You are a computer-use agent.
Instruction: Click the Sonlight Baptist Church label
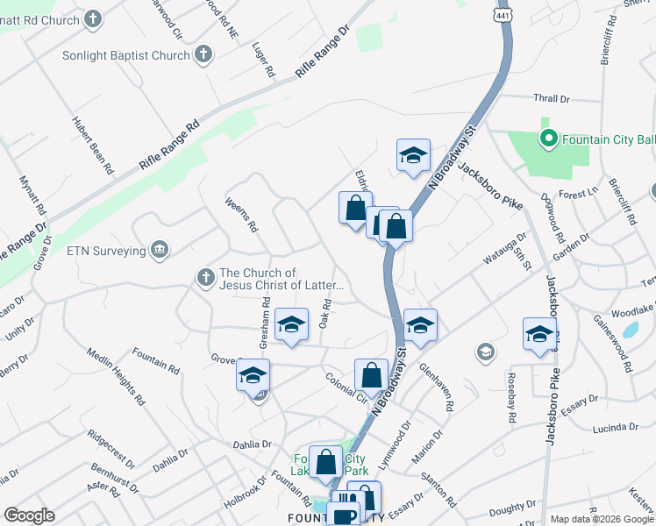(x=125, y=55)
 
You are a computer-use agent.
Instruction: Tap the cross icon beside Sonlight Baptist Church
(x=203, y=55)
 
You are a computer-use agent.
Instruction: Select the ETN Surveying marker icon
(x=160, y=251)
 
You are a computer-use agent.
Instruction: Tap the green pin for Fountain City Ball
(x=549, y=139)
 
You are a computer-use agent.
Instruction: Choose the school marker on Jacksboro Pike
(x=539, y=334)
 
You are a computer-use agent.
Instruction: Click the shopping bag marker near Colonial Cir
(x=371, y=376)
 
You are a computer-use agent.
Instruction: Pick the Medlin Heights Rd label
(x=115, y=377)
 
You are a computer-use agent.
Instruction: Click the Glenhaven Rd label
(x=435, y=387)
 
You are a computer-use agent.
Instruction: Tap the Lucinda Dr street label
(x=615, y=427)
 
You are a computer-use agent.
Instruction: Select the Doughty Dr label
(x=506, y=508)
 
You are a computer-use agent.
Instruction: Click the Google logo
(x=29, y=515)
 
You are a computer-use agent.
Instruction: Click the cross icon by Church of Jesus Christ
(x=205, y=278)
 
